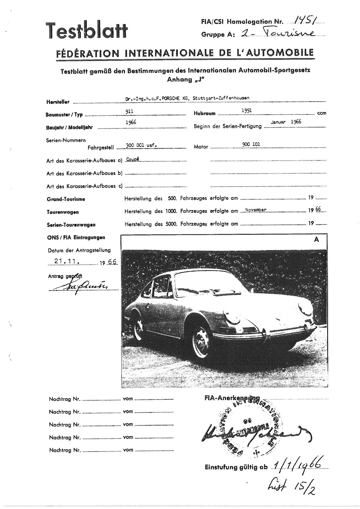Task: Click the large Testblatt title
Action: tap(87, 31)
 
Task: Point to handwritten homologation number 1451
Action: tap(305, 19)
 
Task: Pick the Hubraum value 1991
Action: tap(246, 110)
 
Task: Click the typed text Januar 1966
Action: tap(286, 122)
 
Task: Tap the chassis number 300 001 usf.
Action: tap(141, 145)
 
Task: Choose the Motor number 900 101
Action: tap(251, 144)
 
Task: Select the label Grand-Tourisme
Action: tap(66, 199)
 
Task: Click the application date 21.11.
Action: tap(67, 261)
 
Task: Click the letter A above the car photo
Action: tap(316, 240)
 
